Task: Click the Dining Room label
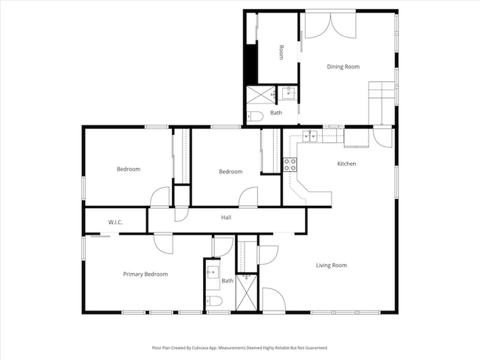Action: [343, 66]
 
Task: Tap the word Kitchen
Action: [347, 164]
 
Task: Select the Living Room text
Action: [332, 265]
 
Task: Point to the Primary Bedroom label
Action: [145, 274]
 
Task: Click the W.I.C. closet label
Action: [115, 221]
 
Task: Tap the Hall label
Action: [227, 218]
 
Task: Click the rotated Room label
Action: [281, 52]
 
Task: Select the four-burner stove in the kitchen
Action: [290, 165]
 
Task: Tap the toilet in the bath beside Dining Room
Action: [253, 116]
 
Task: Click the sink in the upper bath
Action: [288, 93]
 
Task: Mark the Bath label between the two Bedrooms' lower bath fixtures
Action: [227, 280]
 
